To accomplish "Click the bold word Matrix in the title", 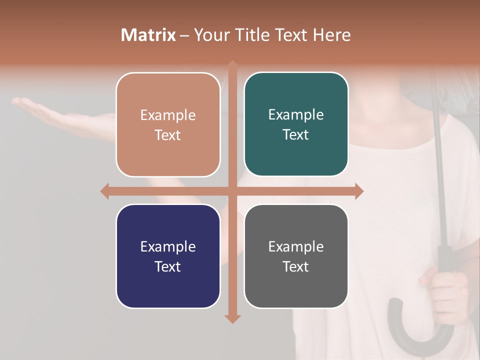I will (148, 35).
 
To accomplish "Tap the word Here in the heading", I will (331, 35).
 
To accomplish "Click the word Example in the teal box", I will (296, 115).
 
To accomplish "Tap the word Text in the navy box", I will (168, 266).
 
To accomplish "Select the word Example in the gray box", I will (296, 246).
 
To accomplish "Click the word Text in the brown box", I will (168, 135).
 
